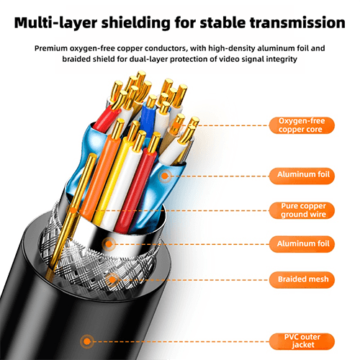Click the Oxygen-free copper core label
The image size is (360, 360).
(302, 125)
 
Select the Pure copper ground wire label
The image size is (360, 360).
(302, 210)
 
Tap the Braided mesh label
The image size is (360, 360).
(302, 279)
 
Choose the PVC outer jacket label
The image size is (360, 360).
(302, 341)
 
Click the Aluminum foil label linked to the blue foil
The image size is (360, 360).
(302, 176)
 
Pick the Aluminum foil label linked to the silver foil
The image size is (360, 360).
(302, 244)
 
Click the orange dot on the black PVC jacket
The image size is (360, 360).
(87, 341)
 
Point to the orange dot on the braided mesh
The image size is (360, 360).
(112, 279)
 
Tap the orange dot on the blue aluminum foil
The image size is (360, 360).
(165, 176)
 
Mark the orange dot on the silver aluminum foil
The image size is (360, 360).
(109, 244)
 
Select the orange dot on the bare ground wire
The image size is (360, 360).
(73, 211)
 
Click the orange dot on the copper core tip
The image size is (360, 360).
(176, 125)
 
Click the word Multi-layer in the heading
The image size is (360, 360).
(55, 23)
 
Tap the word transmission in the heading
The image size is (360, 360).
(297, 23)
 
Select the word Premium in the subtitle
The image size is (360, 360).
(51, 48)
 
